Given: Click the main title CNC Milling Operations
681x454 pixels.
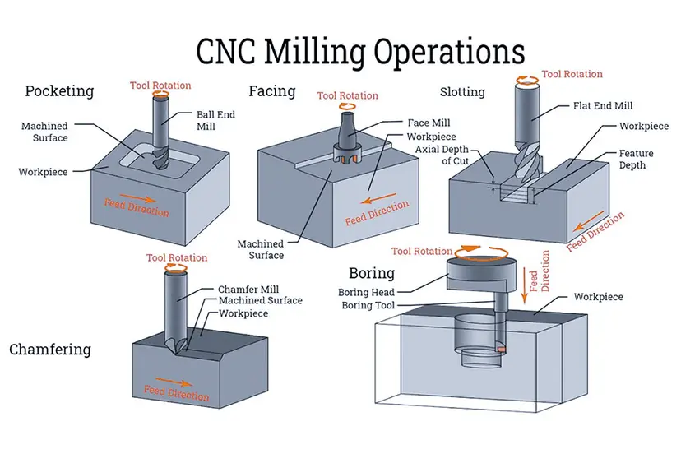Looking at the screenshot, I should click(359, 51).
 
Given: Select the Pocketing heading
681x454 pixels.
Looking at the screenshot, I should click(59, 90).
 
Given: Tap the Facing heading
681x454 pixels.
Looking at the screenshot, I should click(271, 90).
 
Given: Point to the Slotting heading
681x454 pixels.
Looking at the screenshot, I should click(462, 91).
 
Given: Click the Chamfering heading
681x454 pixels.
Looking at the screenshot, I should click(49, 350).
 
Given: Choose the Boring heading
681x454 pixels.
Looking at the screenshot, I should click(371, 273).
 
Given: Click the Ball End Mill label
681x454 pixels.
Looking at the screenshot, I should click(215, 121).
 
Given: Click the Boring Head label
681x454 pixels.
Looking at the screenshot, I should click(366, 292).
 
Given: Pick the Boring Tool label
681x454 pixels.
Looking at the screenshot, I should click(367, 305).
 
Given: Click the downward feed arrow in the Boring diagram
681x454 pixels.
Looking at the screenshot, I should click(522, 284).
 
